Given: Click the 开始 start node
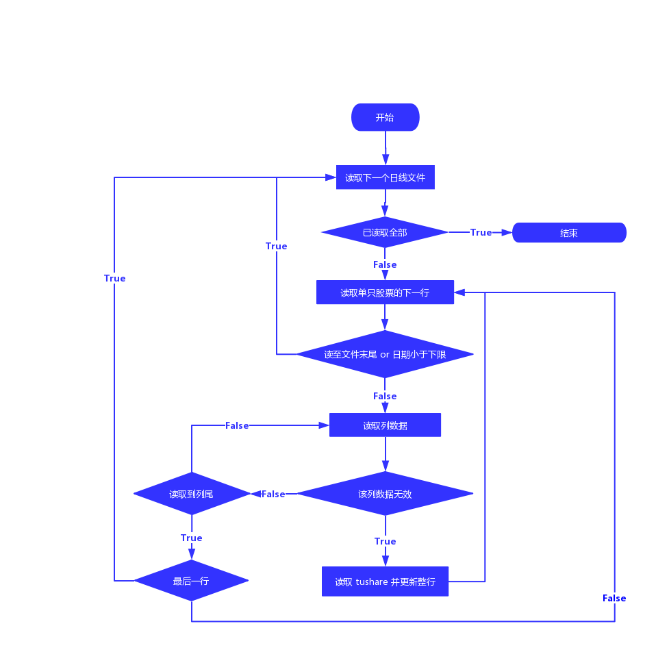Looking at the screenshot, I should [385, 117].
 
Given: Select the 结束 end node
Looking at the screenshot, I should [569, 233].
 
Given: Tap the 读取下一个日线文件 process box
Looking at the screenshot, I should [385, 177].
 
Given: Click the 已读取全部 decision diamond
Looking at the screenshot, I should [384, 233].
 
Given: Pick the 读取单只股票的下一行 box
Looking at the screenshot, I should [385, 292].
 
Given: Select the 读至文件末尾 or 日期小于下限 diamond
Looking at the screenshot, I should [385, 354].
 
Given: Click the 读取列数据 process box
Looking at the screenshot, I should [385, 425].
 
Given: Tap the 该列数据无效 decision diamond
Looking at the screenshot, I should [385, 494].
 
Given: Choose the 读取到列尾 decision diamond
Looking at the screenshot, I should [192, 494].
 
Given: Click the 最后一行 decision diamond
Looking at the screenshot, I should [191, 581].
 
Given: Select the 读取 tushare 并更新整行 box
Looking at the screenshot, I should [385, 581].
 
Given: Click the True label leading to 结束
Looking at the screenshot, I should [481, 233].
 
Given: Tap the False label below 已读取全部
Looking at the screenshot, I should [385, 264].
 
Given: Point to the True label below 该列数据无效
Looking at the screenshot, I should [385, 541].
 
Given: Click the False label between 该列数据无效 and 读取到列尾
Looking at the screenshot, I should [273, 494].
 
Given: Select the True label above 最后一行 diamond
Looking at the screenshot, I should [192, 538].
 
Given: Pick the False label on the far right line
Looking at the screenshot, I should [614, 598].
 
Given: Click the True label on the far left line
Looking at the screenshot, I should [114, 278].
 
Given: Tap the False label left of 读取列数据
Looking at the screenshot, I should [237, 425].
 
